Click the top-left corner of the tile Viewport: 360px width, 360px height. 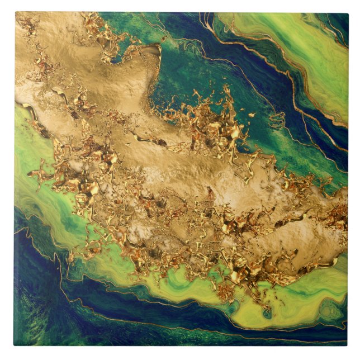coord(15,12)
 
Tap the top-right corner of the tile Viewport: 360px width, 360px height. coord(348,12)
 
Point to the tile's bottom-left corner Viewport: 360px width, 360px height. coord(15,345)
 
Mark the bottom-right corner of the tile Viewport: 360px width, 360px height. coord(348,345)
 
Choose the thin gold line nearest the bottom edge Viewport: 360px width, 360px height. coord(224,336)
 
